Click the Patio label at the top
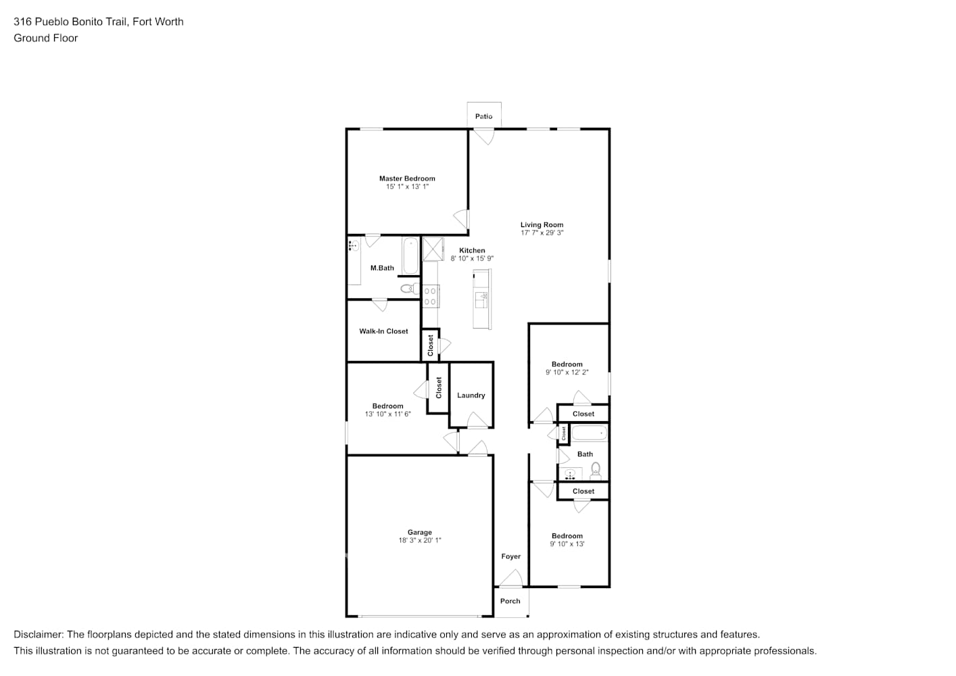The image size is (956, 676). (483, 116)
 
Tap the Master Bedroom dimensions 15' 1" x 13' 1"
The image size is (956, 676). (407, 187)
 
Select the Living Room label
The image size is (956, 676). (542, 224)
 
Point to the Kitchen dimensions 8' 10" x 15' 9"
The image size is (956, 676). (472, 258)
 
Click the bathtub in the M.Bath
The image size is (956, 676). (410, 256)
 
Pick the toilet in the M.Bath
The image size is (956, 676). (408, 289)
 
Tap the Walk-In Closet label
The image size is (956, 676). (383, 331)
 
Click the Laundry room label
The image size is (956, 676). (471, 395)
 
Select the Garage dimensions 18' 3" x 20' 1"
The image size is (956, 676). (419, 540)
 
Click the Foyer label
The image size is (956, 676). (510, 556)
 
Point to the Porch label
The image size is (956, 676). (510, 601)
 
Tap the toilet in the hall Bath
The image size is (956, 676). (596, 469)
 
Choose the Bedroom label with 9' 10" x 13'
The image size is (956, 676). (567, 535)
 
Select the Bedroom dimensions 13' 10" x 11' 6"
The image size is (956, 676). (387, 414)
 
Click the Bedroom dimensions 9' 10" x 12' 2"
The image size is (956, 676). (567, 372)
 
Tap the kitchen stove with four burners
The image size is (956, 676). (430, 296)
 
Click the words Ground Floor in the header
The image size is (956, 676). (45, 38)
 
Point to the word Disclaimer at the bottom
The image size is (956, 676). (38, 634)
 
